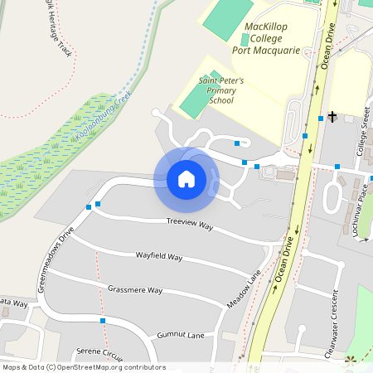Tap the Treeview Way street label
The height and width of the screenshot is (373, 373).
190,223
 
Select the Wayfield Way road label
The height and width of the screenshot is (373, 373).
159,256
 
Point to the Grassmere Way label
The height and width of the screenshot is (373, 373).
135,290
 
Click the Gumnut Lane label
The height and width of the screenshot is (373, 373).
180,335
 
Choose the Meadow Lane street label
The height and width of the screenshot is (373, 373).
243,289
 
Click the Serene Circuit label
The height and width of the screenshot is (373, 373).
99,352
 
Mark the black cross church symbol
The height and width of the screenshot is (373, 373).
332,117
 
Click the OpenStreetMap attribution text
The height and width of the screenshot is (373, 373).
83,366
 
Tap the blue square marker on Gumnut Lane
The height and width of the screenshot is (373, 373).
104,320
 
